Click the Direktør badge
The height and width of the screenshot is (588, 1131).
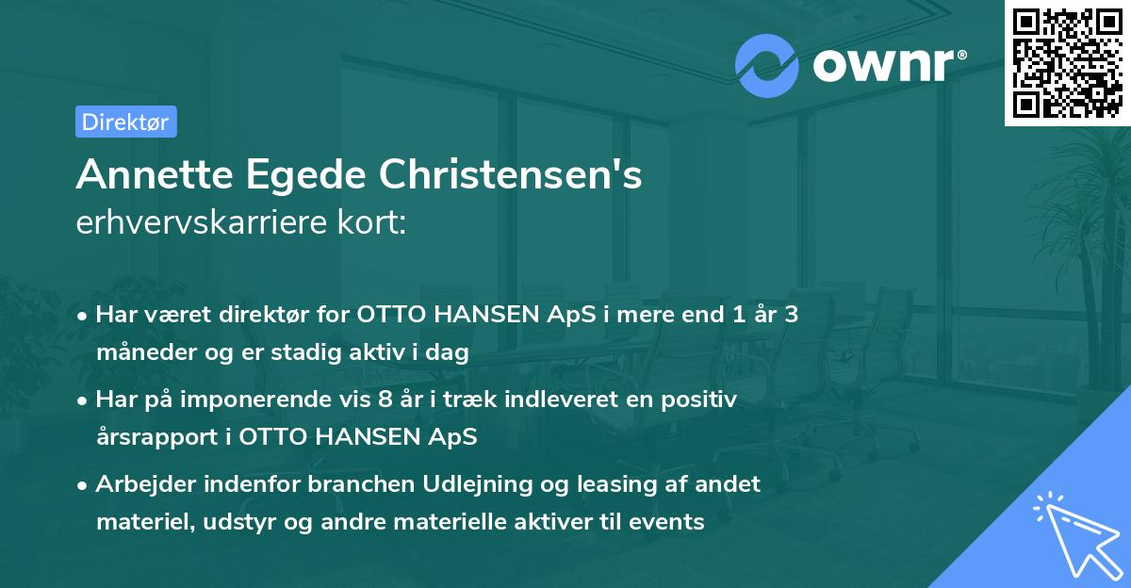(x=125, y=122)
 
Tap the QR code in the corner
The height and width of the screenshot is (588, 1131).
(x=1067, y=62)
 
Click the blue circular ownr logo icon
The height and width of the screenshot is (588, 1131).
(x=766, y=66)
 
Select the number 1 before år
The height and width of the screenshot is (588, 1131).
(x=723, y=315)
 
